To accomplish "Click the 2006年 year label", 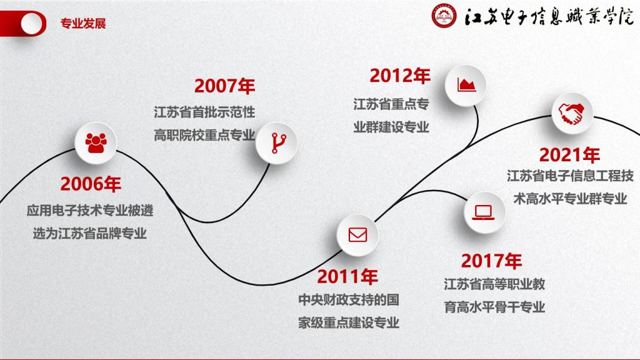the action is pos(91,184).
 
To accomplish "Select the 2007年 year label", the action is pos(224,86).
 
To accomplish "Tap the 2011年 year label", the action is pos(347,277).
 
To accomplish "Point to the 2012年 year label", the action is pos(400,76).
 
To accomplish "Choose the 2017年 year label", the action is pos(491,261).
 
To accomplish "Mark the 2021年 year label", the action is pos(569,155).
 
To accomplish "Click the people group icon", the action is pos(96,143).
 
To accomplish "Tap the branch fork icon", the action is pos(279,143).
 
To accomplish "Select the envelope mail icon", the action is pos(357,235).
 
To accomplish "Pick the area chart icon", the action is pos(466,85).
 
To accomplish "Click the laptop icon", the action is pos(484,212).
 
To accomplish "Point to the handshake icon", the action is pos(571,114).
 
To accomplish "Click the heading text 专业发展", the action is pos(83,24).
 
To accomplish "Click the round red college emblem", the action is pos(444,16).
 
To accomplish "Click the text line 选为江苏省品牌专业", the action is pos(90,234).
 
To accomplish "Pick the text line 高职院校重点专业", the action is pos(204,135).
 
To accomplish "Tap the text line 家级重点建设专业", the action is pos(349,323).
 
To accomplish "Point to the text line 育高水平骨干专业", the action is pos(495,307).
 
